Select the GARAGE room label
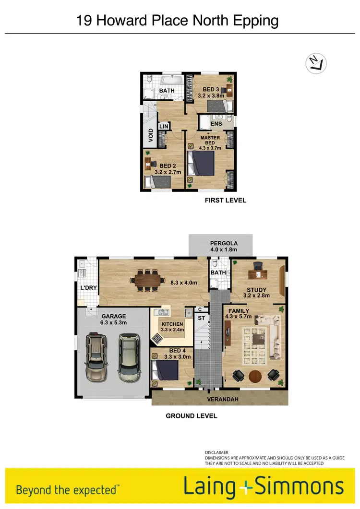[x=114, y=316]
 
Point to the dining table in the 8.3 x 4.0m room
[x=147, y=280]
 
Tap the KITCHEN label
[x=172, y=324]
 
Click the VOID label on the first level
[x=151, y=137]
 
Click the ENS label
[x=216, y=124]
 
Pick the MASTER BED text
[x=210, y=141]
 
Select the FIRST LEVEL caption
[x=225, y=200]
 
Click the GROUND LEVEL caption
[x=192, y=416]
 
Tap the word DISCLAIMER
[x=216, y=452]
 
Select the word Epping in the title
[x=254, y=21]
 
